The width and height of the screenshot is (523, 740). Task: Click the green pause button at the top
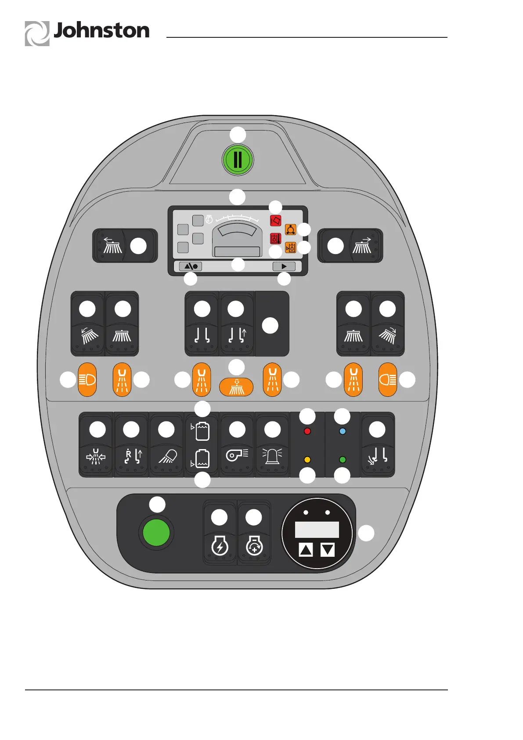click(x=238, y=160)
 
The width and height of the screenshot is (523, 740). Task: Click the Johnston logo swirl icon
click(x=37, y=33)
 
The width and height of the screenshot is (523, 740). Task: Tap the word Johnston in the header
click(x=101, y=31)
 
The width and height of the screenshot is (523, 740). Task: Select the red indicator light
click(x=307, y=431)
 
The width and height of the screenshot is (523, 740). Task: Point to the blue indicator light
click(x=343, y=431)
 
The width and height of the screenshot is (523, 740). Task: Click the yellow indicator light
click(x=307, y=460)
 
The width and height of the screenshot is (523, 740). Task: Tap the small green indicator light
click(x=343, y=460)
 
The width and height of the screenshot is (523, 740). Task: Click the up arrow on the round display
click(x=306, y=549)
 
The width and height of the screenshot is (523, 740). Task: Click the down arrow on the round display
click(x=328, y=549)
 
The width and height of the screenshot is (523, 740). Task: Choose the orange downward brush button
click(x=237, y=387)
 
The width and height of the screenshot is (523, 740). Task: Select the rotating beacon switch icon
click(x=272, y=456)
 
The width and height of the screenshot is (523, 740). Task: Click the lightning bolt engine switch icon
click(x=220, y=546)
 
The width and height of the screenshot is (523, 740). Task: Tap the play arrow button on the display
click(x=284, y=266)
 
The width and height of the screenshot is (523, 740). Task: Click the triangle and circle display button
click(x=191, y=266)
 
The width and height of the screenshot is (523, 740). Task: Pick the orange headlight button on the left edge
click(x=87, y=380)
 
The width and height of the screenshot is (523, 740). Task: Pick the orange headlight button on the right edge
click(x=388, y=380)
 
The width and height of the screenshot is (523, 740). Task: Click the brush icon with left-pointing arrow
click(x=112, y=246)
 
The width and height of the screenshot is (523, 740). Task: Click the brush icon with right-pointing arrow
click(x=363, y=246)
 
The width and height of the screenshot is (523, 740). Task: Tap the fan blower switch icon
click(x=237, y=455)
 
